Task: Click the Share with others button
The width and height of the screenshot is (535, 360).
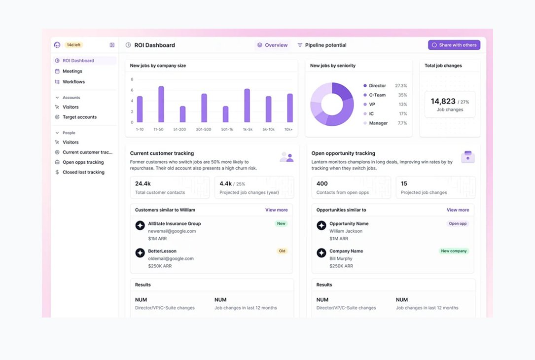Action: [x=454, y=45]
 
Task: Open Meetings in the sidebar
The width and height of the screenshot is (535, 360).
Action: [x=72, y=71]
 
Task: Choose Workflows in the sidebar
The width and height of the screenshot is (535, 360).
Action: [x=73, y=82]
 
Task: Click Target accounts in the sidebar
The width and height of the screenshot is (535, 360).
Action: [x=79, y=117]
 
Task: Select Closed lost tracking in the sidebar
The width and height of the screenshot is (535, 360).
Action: [x=83, y=172]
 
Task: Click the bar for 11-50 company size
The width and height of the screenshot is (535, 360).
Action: [x=161, y=104]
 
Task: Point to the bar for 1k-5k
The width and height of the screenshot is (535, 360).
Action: [x=247, y=106]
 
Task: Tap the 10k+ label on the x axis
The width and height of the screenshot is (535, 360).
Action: [x=288, y=129]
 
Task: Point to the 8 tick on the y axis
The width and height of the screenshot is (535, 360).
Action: [x=132, y=79]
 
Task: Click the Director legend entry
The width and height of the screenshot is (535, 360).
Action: [x=377, y=86]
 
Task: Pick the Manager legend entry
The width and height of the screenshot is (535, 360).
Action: [x=378, y=123]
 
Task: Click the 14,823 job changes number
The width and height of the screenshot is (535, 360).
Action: [x=443, y=102]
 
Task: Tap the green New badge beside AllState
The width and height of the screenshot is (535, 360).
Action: [x=281, y=223]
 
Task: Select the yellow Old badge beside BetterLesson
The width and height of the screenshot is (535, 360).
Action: [x=282, y=251]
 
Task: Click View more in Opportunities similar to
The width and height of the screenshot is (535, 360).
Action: [x=458, y=210]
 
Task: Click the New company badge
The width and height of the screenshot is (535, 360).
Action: [x=454, y=251]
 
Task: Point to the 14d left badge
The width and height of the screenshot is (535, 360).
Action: [x=73, y=45]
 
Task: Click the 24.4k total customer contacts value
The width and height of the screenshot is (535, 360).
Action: [x=143, y=183]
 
